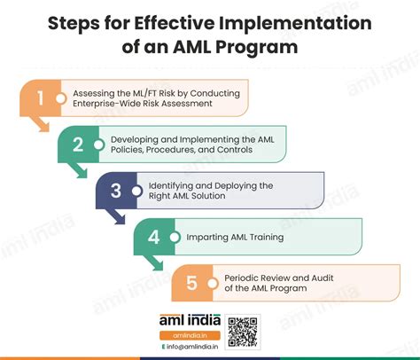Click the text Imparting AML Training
(236, 237)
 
